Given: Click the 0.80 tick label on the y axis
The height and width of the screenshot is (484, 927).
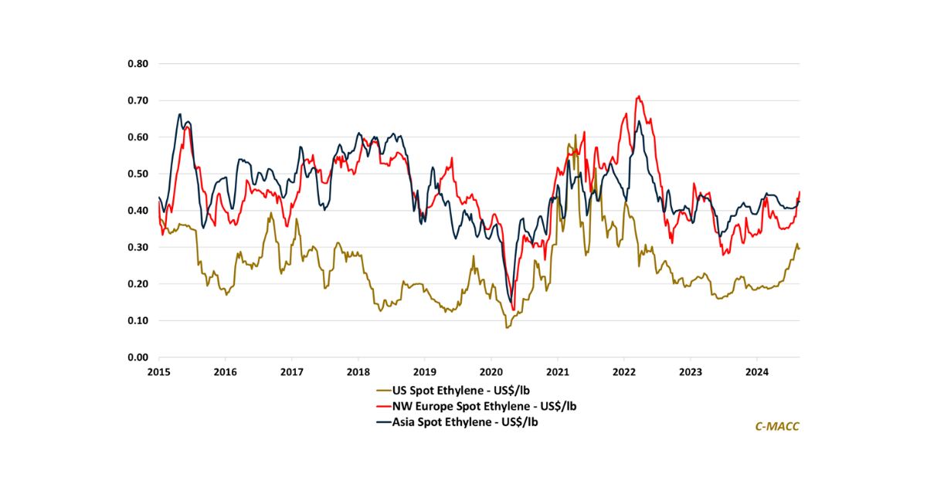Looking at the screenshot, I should point(138,63).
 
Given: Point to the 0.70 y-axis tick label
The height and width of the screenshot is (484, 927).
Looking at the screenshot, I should point(138,100).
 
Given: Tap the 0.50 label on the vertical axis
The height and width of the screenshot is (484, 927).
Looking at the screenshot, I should point(138,174).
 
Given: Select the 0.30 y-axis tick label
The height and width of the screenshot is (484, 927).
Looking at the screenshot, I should point(138,247).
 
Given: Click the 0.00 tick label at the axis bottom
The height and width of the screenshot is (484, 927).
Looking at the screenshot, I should point(138,357).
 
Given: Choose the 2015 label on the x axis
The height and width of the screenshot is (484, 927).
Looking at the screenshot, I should point(159,372).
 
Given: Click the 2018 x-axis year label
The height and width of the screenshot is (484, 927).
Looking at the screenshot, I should point(358,372).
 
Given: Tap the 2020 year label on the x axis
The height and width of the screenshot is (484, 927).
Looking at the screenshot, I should point(491,372).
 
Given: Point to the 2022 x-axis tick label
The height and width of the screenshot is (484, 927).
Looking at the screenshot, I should point(624,372).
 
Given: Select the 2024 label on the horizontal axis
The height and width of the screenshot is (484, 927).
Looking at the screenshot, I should point(757,372).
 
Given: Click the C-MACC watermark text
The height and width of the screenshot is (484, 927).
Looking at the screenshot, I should point(776,426).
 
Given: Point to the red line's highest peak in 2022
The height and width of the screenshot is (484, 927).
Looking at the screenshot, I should point(638,96).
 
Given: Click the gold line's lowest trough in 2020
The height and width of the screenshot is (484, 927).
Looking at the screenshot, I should point(507,328).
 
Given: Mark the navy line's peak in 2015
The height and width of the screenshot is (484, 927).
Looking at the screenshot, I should point(180,114).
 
